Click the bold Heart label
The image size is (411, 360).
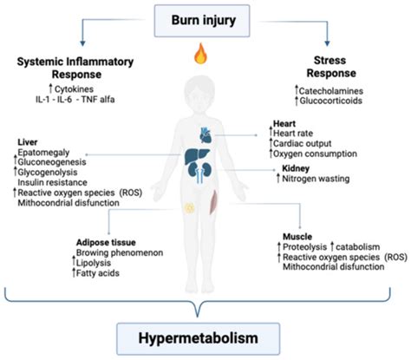282,125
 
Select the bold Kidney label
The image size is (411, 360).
285,169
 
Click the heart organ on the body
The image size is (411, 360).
211,135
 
